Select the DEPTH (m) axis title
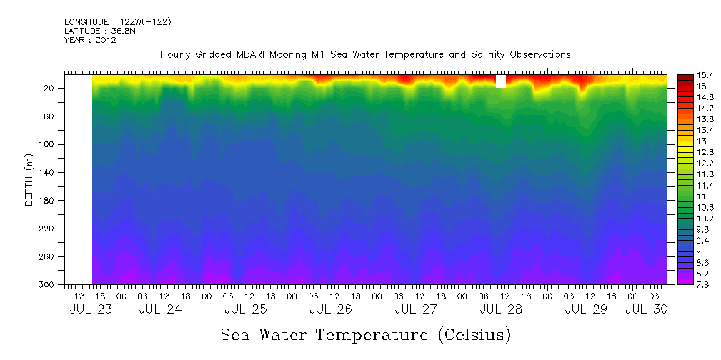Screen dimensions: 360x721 click(29, 179)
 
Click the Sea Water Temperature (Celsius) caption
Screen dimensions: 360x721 click(366, 334)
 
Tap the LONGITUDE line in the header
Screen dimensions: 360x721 click(117, 22)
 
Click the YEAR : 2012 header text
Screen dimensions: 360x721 click(90, 40)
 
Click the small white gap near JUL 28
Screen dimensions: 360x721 click(501, 81)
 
